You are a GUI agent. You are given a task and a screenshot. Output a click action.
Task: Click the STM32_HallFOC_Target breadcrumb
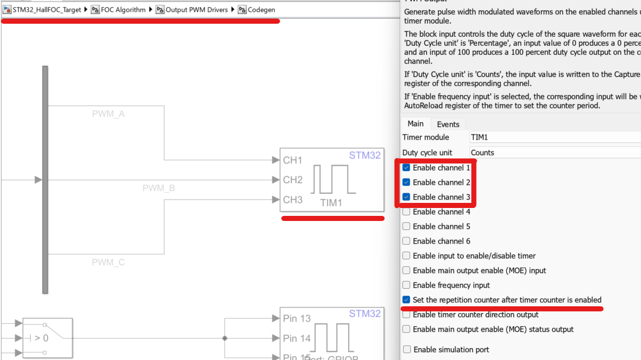point(47,10)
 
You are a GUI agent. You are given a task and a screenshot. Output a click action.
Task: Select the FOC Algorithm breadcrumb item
point(123,10)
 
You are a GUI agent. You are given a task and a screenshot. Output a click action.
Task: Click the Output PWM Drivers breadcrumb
point(196,10)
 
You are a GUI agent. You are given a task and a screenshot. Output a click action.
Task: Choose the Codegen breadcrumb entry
point(261,10)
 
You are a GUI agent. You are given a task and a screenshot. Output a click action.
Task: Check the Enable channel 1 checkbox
point(406,168)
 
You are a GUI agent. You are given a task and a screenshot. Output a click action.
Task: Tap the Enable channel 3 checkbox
point(406,197)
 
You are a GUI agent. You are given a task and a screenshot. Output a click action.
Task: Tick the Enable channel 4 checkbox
point(406,212)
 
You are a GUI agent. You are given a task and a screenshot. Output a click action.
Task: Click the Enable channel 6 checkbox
point(406,241)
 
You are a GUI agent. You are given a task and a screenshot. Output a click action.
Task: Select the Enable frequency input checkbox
point(406,285)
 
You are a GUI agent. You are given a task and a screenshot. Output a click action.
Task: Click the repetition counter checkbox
point(406,300)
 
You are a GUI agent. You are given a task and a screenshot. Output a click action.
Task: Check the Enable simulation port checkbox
point(406,350)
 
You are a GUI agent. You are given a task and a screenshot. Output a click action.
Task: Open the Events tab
point(448,124)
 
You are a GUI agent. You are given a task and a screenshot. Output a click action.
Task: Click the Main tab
point(415,124)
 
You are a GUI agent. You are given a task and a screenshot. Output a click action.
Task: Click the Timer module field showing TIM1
point(554,137)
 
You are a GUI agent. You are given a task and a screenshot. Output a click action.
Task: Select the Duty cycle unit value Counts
point(554,153)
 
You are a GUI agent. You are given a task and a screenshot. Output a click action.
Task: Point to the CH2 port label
point(293,180)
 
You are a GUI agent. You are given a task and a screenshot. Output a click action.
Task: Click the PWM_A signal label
point(109,114)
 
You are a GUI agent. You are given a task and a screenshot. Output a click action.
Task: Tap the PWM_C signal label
point(109,262)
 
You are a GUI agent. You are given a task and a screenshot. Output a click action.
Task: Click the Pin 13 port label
point(297,319)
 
